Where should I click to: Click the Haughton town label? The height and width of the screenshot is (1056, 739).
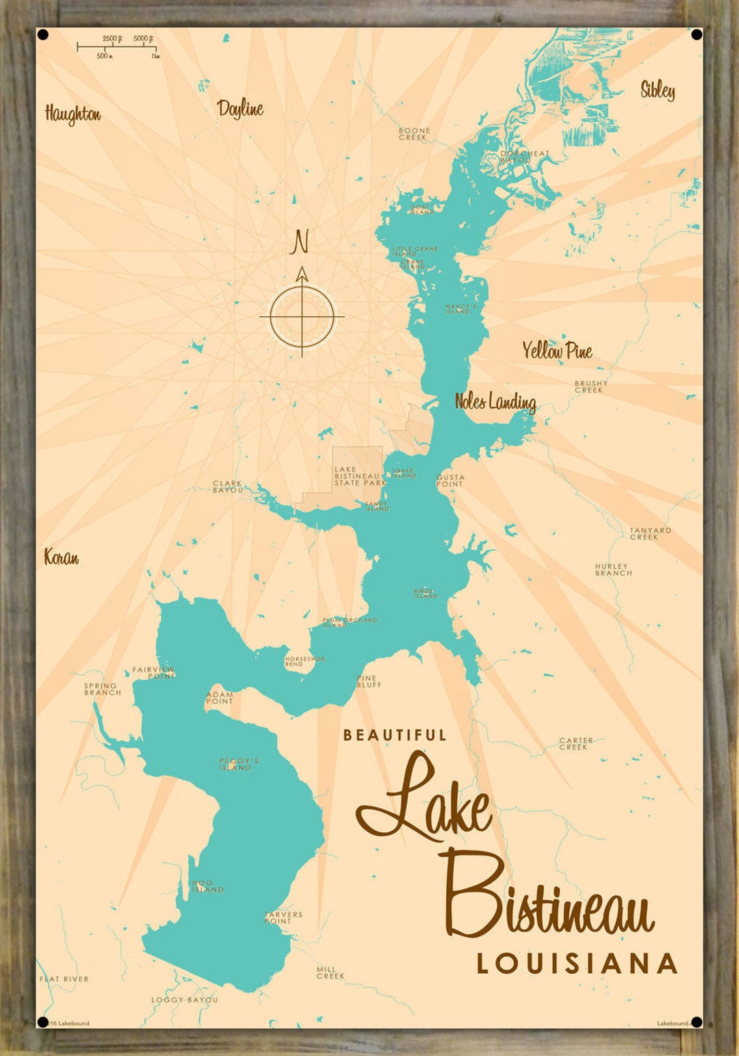pyautogui.click(x=73, y=114)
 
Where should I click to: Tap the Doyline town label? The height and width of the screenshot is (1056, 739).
pyautogui.click(x=240, y=108)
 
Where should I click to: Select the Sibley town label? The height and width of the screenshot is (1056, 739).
pyautogui.click(x=658, y=90)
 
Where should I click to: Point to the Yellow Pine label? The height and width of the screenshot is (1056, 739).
pyautogui.click(x=557, y=351)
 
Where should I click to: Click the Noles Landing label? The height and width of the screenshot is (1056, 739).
pyautogui.click(x=495, y=402)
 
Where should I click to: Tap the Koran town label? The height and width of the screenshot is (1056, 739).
pyautogui.click(x=62, y=557)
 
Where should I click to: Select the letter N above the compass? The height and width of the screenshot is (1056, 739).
pyautogui.click(x=300, y=242)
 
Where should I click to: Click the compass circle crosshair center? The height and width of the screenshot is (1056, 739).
pyautogui.click(x=302, y=317)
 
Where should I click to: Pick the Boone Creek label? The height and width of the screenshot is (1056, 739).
pyautogui.click(x=415, y=133)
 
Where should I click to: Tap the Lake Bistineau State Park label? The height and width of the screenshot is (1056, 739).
pyautogui.click(x=359, y=476)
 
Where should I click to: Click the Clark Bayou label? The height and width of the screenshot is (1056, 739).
pyautogui.click(x=227, y=487)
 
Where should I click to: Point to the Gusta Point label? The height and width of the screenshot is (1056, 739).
pyautogui.click(x=450, y=480)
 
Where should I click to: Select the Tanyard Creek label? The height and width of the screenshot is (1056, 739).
pyautogui.click(x=650, y=534)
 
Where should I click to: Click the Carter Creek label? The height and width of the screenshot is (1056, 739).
pyautogui.click(x=575, y=744)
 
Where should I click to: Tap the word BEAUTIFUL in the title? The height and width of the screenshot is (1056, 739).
pyautogui.click(x=395, y=736)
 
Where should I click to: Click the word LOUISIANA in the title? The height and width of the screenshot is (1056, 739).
pyautogui.click(x=577, y=964)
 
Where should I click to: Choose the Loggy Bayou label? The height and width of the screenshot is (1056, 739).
pyautogui.click(x=184, y=1000)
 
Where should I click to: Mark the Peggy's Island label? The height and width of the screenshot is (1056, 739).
pyautogui.click(x=238, y=764)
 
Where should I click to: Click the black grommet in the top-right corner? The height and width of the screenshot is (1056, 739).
pyautogui.click(x=697, y=35)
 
